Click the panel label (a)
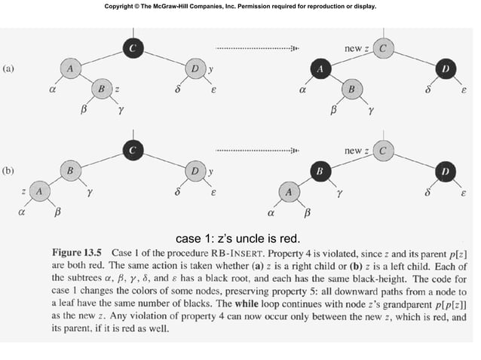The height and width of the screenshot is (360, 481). pos(8,68)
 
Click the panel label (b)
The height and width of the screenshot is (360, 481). pos(8,170)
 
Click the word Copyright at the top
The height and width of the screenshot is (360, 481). pos(125,8)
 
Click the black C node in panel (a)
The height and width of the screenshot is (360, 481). pos(133,48)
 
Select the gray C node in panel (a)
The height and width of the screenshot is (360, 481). pos(384,48)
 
